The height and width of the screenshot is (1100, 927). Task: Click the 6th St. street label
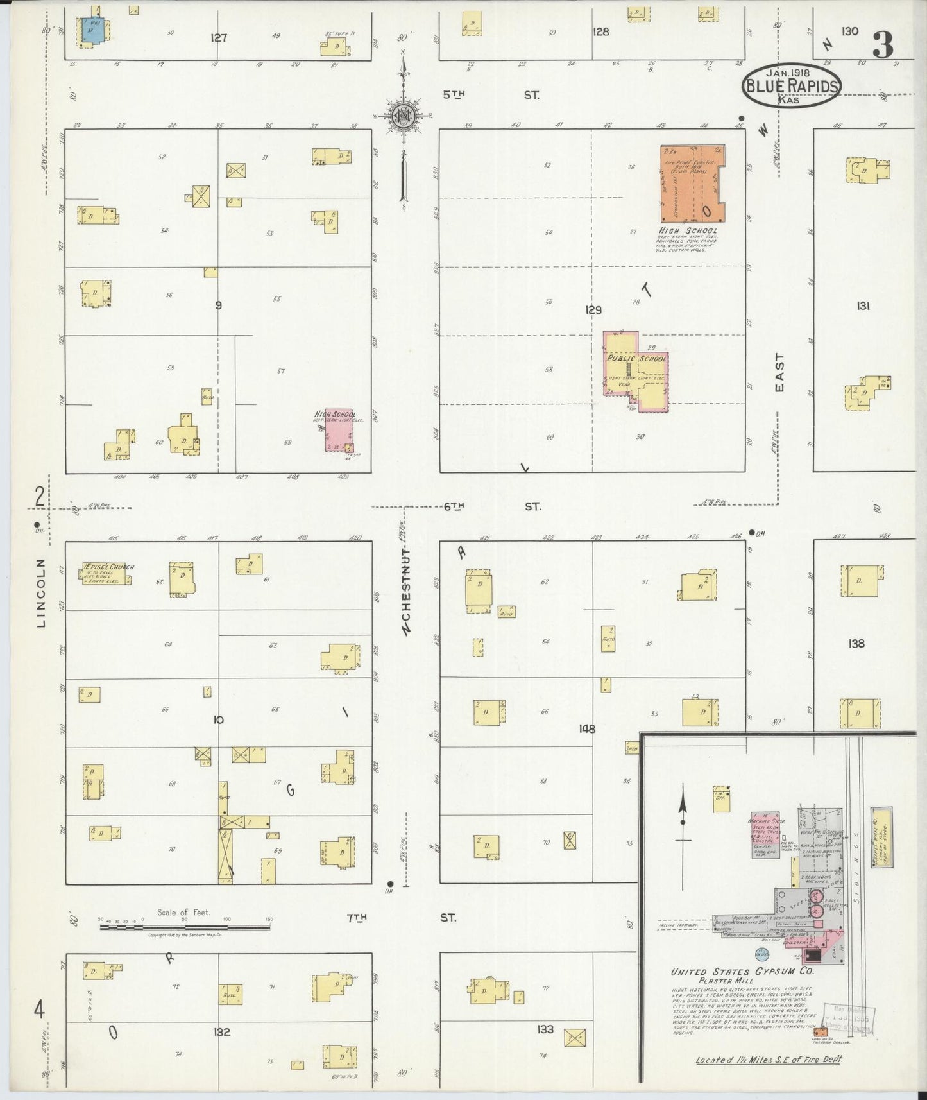tap(491, 506)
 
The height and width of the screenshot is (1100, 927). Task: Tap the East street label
tap(779, 373)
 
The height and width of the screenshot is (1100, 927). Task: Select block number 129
tap(593, 310)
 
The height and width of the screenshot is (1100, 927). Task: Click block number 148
tap(586, 728)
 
